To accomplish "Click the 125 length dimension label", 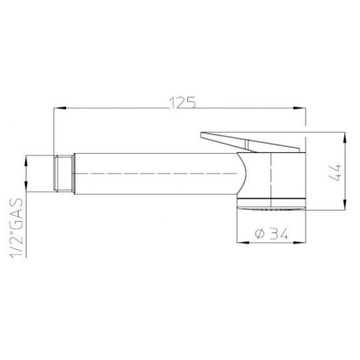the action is pos(182,103).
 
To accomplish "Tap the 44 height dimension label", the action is pos(335,172).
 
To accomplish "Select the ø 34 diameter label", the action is pos(271,234).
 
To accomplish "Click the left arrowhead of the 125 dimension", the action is pos(59,108).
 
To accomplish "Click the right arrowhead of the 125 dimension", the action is pos(299,108).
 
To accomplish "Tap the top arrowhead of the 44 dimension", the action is pos(344,139).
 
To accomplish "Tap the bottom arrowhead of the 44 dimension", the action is pos(344,203).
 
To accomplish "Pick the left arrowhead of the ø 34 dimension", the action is pos(243,242).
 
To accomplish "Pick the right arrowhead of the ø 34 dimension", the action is pos(299,242).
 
